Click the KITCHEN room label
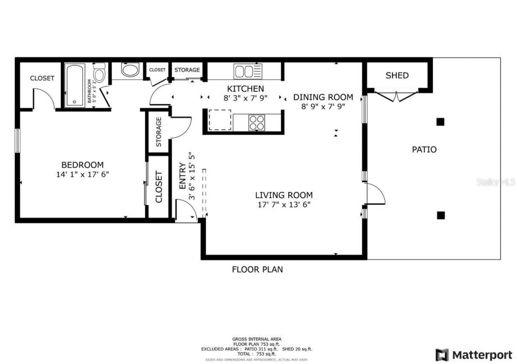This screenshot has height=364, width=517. click(x=245, y=88)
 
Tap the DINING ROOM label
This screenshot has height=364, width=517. click(x=323, y=97)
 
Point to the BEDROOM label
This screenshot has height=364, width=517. click(x=82, y=165)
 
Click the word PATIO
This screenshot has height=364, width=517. click(x=424, y=149)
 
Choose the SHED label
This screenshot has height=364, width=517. click(x=397, y=76)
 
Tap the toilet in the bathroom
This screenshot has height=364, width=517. click(x=99, y=74)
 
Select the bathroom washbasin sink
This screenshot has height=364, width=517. click(x=130, y=70)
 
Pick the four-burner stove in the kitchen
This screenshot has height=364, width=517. click(x=256, y=122)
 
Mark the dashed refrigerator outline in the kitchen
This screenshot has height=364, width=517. click(x=220, y=120)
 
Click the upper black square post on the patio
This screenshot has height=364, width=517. click(x=441, y=122)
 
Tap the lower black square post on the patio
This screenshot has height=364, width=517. click(x=441, y=215)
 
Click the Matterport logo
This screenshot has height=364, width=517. click(x=474, y=355)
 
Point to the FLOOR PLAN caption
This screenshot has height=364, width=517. click(x=257, y=269)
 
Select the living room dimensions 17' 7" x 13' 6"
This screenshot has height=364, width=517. click(x=284, y=204)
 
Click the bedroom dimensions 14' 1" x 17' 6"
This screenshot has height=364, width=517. click(x=82, y=175)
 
